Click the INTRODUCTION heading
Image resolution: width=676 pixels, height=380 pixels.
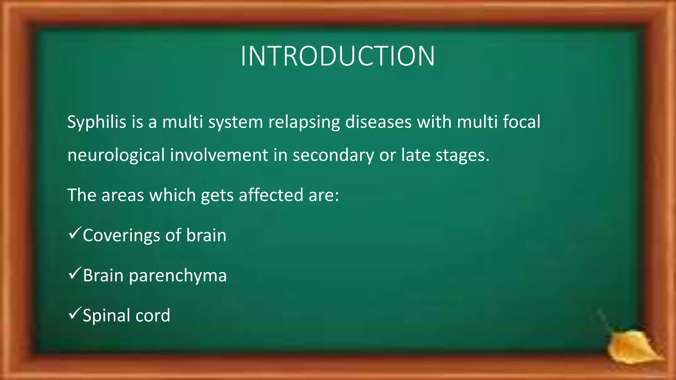pos(338,56)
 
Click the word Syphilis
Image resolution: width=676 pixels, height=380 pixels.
pos(97,122)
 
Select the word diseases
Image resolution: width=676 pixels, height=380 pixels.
pos(378,122)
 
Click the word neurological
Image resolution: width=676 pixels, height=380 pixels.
pos(116,156)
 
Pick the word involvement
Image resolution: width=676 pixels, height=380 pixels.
pos(219,155)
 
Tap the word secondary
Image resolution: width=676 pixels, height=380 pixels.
pos(333,156)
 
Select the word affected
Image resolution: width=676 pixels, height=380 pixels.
pos(271,195)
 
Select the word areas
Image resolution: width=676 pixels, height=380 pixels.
pos(123,195)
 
